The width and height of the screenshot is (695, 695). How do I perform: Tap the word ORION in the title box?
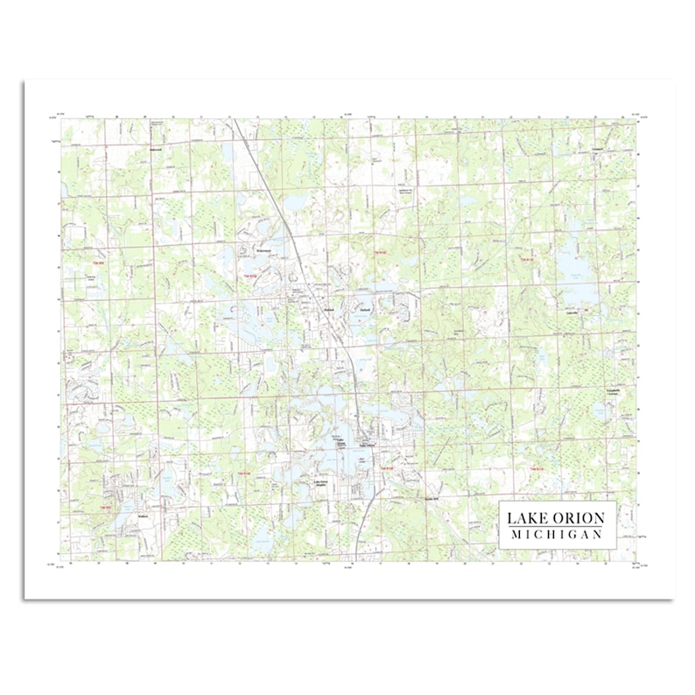tap(579, 519)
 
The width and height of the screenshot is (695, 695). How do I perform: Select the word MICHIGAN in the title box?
tap(557, 536)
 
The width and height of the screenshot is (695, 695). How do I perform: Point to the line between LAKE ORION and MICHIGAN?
tap(557, 528)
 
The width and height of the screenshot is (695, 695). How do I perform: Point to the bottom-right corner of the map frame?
tap(636, 561)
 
